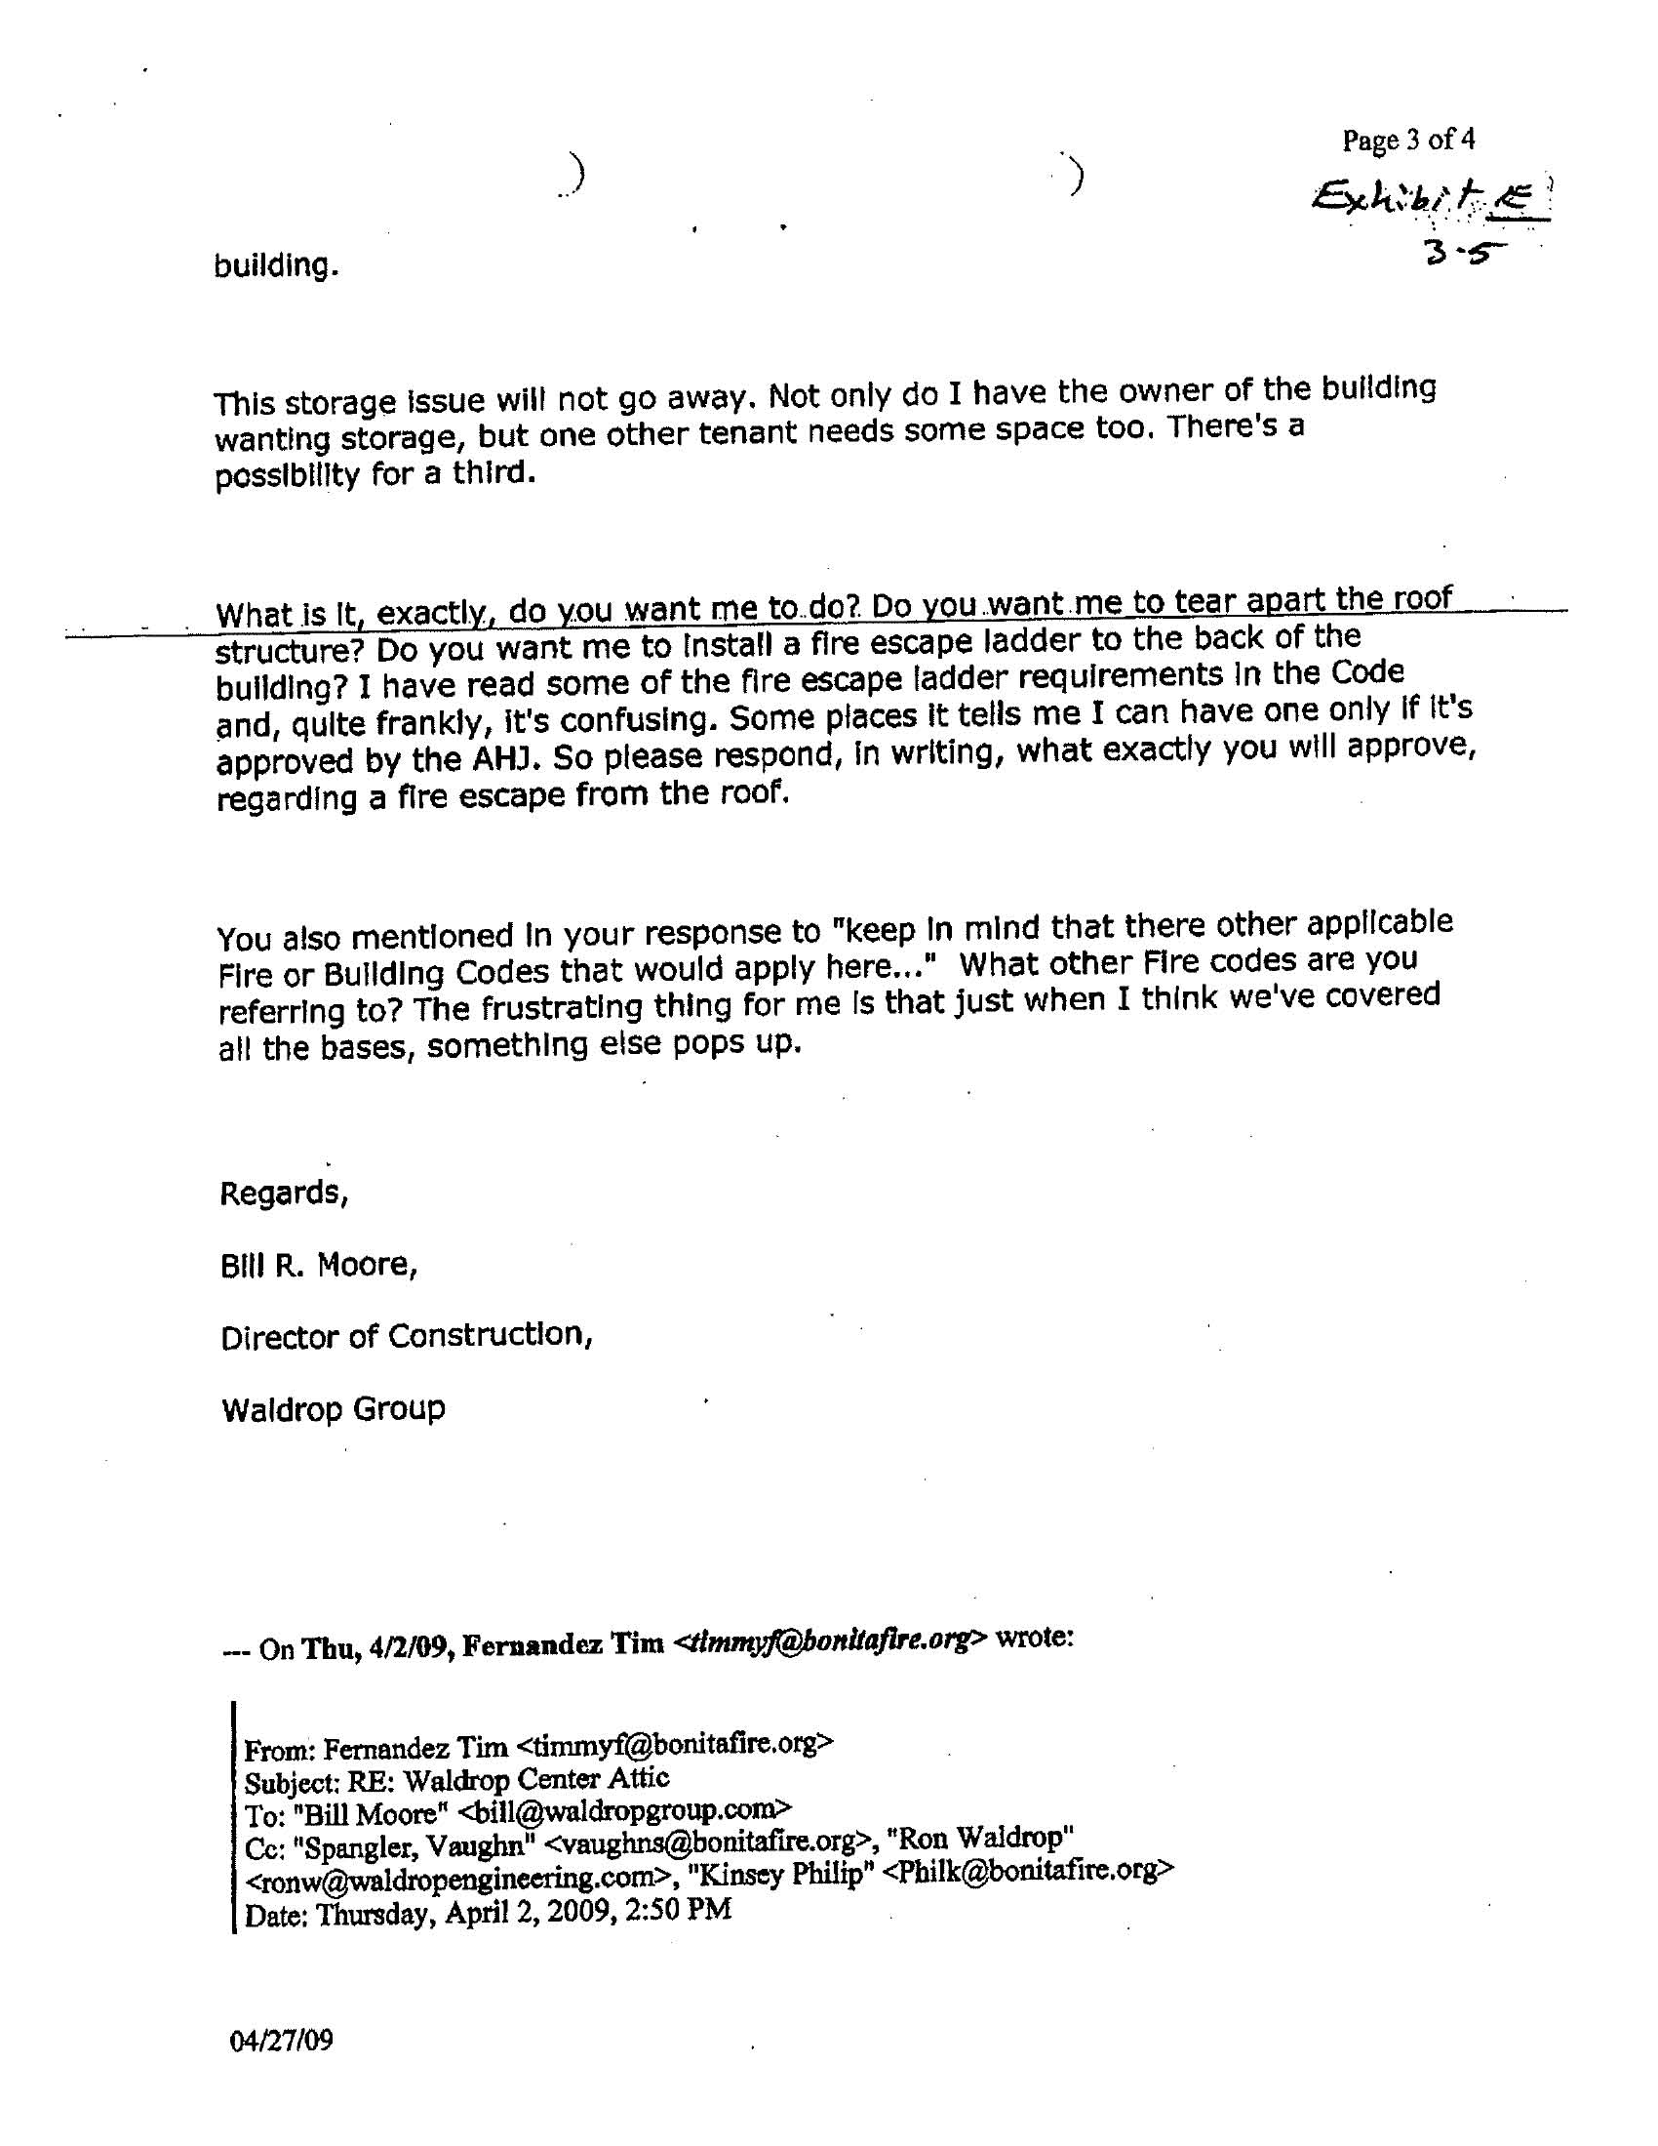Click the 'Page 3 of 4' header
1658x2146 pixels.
coord(1407,141)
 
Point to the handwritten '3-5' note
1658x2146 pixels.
coord(1465,253)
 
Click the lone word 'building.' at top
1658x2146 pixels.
coord(277,265)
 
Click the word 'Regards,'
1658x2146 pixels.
coord(283,1193)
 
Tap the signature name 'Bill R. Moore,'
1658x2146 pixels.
coord(319,1265)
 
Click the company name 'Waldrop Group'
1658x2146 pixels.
coord(333,1409)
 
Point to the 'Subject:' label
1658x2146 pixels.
coord(283,1780)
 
